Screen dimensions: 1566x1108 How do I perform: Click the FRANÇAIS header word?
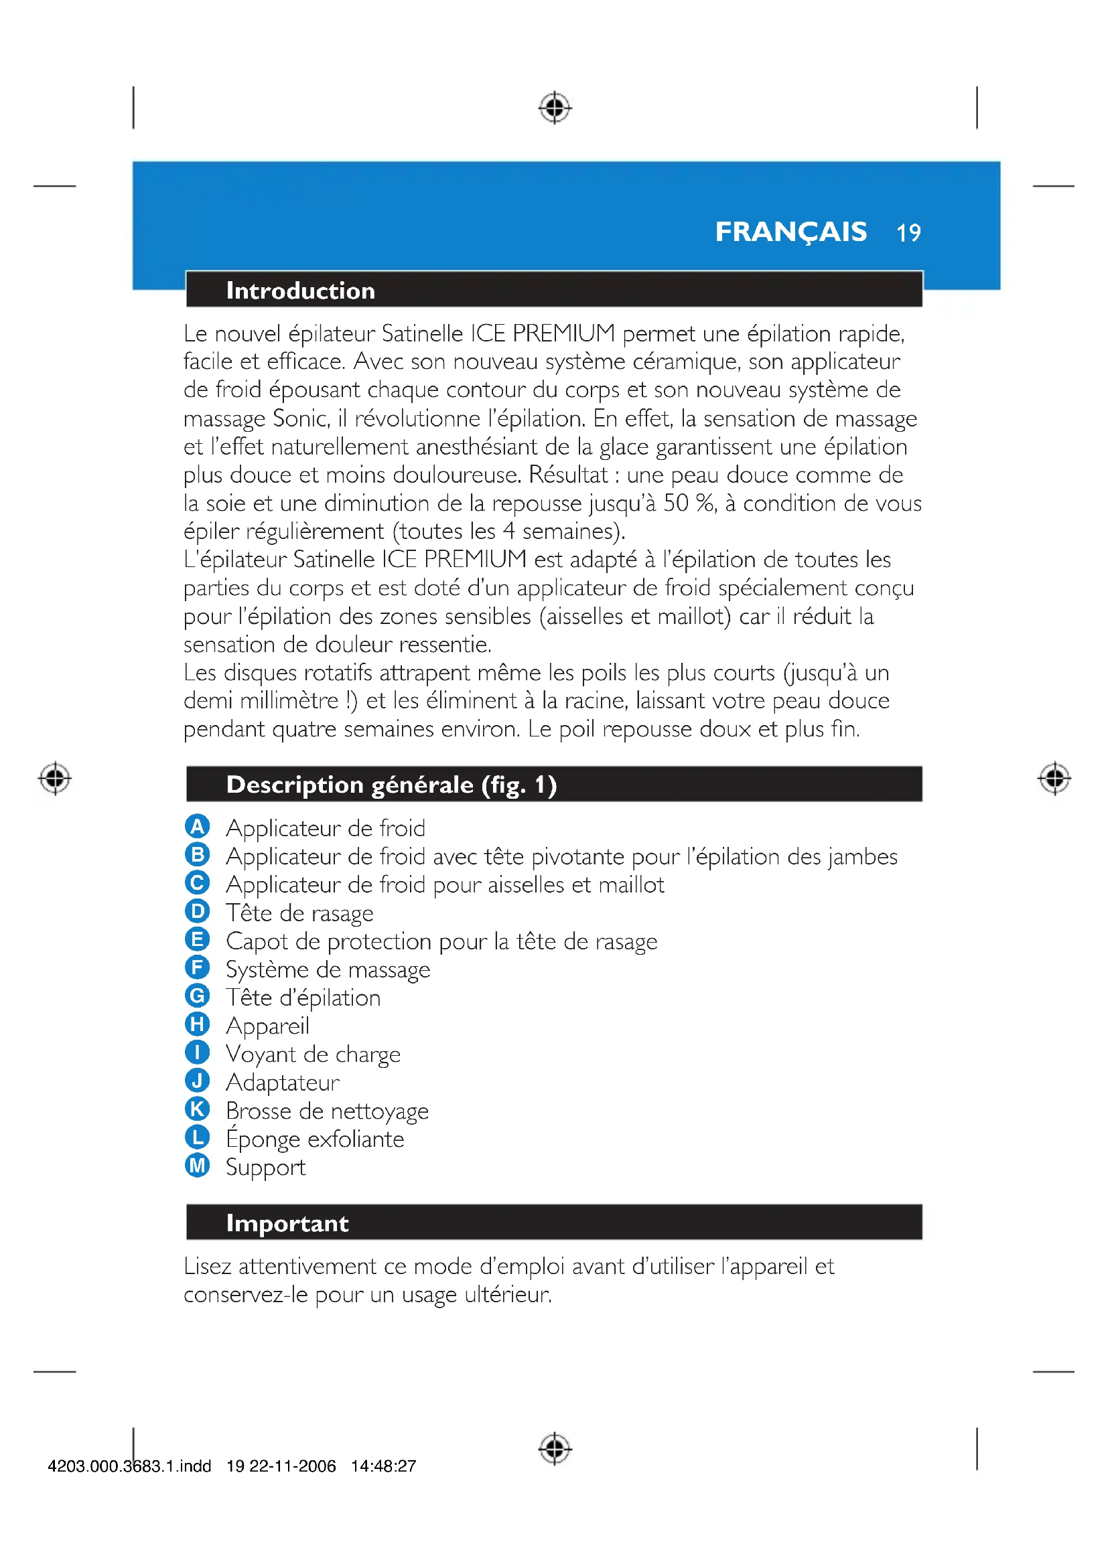coord(790,232)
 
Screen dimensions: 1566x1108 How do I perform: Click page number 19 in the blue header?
coord(908,233)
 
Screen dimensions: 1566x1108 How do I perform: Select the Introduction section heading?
coord(300,291)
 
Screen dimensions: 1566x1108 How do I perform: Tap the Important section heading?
coord(287,1223)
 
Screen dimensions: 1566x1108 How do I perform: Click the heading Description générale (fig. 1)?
coord(391,785)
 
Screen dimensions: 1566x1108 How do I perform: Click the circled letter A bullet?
coord(197,827)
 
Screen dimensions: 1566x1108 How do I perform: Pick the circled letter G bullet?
coord(197,996)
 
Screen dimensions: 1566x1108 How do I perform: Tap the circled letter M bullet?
coord(197,1166)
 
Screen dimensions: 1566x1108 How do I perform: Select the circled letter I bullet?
coord(197,1052)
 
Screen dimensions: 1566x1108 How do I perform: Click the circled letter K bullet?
coord(197,1109)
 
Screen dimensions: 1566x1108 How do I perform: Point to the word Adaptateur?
coord(283,1083)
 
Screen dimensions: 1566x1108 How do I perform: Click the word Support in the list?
coord(265,1168)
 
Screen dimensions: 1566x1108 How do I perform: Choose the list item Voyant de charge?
coord(313,1054)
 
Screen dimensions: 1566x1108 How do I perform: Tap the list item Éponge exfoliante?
coord(315,1139)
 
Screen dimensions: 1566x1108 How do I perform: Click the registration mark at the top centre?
coord(555,107)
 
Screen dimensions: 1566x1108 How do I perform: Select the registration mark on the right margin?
coord(1054,778)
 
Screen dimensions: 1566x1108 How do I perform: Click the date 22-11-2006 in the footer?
coord(292,1466)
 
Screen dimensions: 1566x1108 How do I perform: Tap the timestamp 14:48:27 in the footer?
coord(383,1466)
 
